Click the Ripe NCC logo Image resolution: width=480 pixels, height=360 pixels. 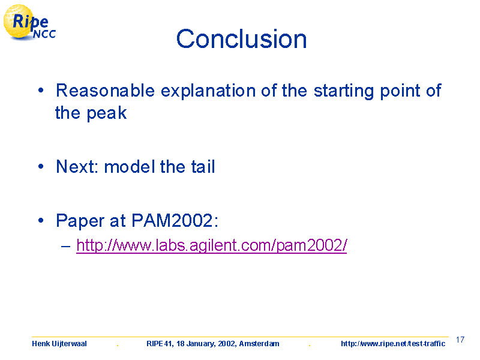tap(29, 23)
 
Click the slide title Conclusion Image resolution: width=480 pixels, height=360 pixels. tap(241, 39)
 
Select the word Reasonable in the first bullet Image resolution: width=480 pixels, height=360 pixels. tap(106, 91)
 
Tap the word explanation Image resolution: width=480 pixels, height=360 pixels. tap(208, 91)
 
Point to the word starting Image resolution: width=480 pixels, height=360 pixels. tap(344, 91)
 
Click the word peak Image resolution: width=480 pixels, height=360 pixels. tap(107, 113)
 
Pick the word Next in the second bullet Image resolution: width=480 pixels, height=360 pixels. tap(77, 167)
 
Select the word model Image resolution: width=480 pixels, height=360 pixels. tap(130, 167)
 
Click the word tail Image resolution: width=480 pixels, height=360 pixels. tap(203, 167)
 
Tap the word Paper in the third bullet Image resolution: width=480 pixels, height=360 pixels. tap(80, 220)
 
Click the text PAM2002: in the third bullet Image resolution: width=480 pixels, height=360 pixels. tap(175, 220)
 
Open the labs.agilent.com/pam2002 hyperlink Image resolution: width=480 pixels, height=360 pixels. tap(212, 245)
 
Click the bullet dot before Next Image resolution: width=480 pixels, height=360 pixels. tap(41, 167)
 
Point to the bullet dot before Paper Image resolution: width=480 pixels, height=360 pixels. tap(41, 220)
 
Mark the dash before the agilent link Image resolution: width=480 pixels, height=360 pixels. tap(65, 246)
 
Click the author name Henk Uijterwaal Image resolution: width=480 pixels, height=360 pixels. tap(59, 343)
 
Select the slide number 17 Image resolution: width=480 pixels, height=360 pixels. tap(460, 340)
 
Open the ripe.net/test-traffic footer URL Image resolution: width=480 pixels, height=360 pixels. tap(393, 343)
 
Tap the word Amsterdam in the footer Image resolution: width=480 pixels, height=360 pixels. tap(259, 343)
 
